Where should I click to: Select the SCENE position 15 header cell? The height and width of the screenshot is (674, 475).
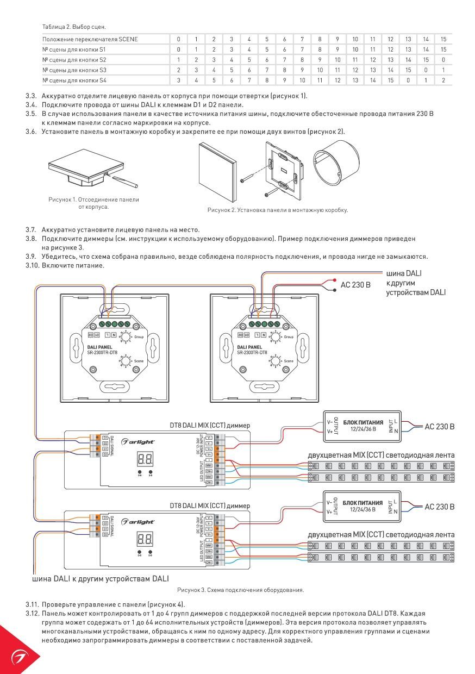pos(443,39)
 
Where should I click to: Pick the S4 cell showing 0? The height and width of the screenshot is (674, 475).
pos(408,80)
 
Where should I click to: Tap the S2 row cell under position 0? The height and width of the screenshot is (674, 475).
pos(178,60)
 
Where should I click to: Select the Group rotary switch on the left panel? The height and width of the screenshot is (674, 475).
pos(125,337)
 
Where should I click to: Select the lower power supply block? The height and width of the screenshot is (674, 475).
pos(362,507)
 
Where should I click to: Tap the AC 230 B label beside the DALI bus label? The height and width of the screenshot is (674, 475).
pos(355,284)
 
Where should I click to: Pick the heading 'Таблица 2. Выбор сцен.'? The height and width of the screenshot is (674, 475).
pos(74,27)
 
